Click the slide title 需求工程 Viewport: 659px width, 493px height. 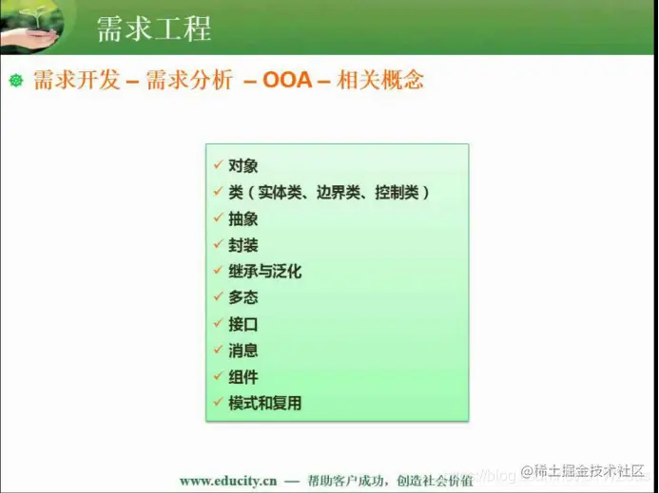pyautogui.click(x=153, y=28)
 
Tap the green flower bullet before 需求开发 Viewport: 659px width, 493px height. pyautogui.click(x=15, y=81)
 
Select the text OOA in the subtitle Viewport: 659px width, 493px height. pyautogui.click(x=287, y=81)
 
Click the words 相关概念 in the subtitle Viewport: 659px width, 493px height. pyautogui.click(x=380, y=81)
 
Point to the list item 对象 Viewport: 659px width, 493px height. pyautogui.click(x=243, y=165)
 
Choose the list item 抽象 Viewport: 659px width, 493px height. pyautogui.click(x=243, y=218)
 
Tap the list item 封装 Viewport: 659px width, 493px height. pyautogui.click(x=243, y=245)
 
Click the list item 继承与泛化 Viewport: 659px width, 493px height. pyautogui.click(x=265, y=272)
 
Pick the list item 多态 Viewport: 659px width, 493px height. pyautogui.click(x=243, y=297)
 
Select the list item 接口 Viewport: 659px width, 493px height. pyautogui.click(x=243, y=324)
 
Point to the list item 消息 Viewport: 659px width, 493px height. pyautogui.click(x=243, y=351)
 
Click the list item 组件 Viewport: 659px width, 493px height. pyautogui.click(x=243, y=377)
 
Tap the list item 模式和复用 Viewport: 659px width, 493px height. pyautogui.click(x=265, y=403)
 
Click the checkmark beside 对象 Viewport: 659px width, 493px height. pyautogui.click(x=219, y=165)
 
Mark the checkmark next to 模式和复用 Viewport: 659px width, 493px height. pyautogui.click(x=219, y=403)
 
